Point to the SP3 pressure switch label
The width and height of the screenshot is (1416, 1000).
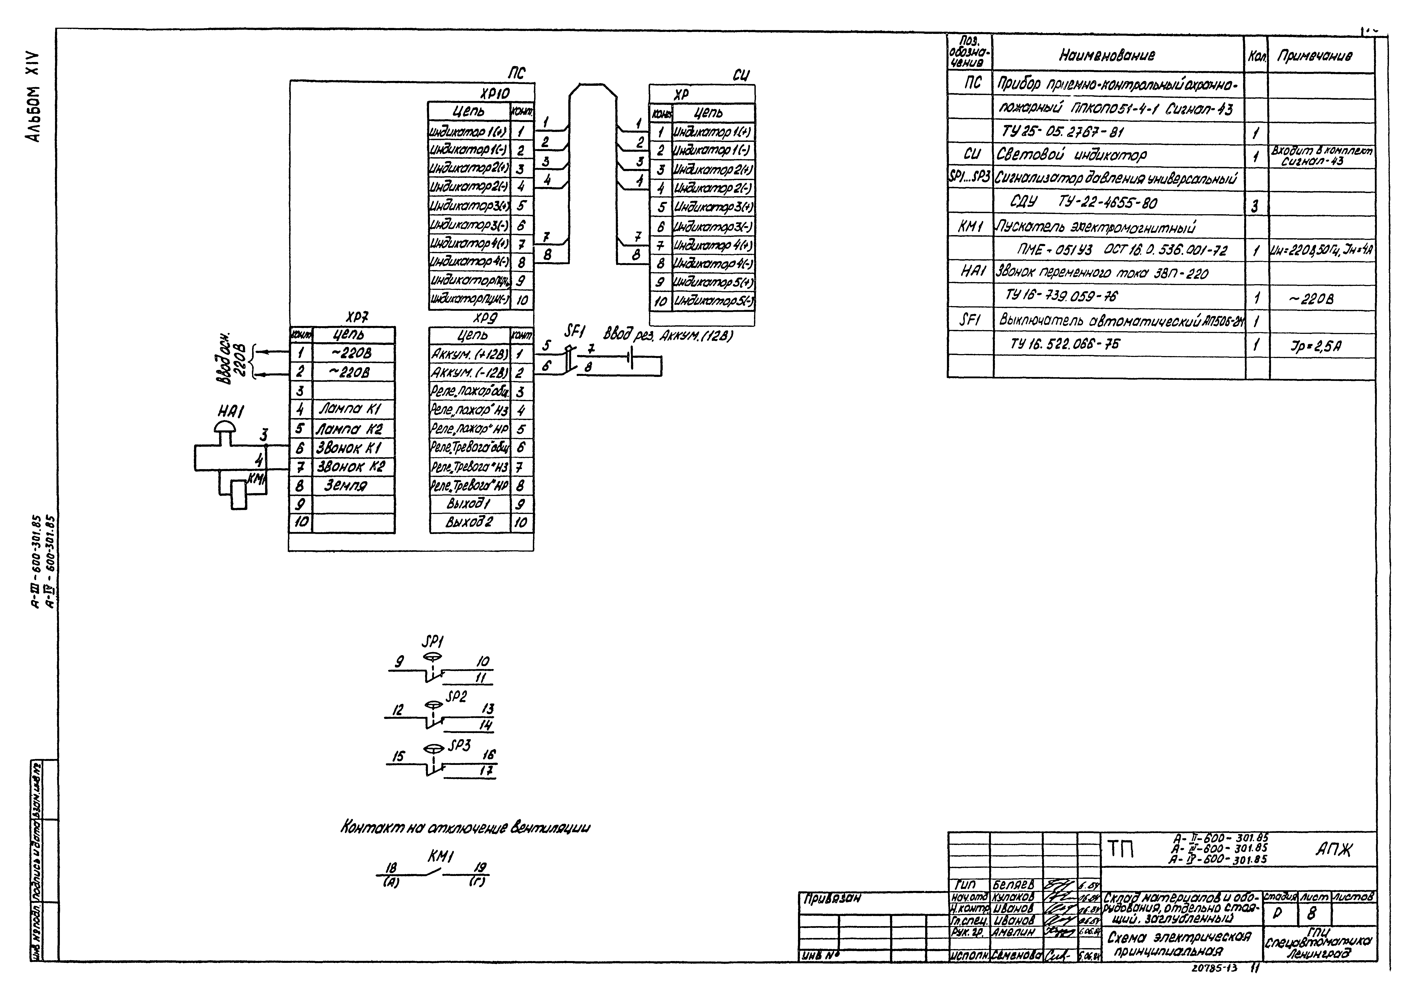click(x=459, y=745)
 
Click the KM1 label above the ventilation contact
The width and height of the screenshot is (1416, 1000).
click(x=441, y=857)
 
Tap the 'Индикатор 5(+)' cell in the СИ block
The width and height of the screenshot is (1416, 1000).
click(x=713, y=282)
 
